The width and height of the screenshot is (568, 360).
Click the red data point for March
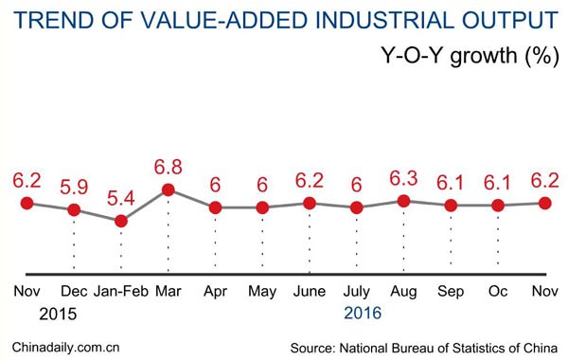click(x=168, y=189)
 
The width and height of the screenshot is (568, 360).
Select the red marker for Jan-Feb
click(x=120, y=221)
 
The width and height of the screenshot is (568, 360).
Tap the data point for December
click(x=74, y=209)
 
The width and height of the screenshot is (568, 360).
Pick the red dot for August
click(x=403, y=201)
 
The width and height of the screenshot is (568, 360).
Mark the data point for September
click(x=451, y=206)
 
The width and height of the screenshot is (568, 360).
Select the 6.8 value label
click(x=168, y=167)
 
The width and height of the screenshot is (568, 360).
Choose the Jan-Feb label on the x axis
click(x=120, y=292)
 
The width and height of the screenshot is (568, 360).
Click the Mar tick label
click(x=168, y=292)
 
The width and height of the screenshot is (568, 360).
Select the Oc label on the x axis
click(x=498, y=292)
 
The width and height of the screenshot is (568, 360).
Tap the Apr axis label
click(x=215, y=292)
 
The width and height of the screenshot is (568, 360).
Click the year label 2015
click(x=57, y=312)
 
